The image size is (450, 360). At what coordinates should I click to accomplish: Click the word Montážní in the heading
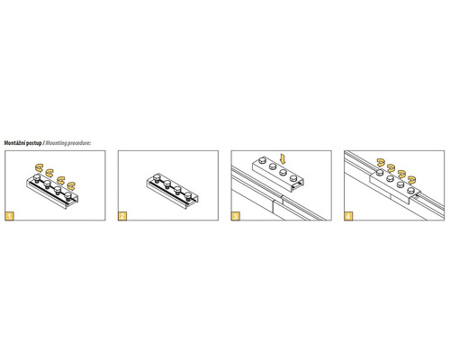pyautogui.click(x=14, y=143)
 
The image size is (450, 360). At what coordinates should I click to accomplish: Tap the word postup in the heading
pyautogui.click(x=34, y=143)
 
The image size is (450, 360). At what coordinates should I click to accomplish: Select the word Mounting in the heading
pyautogui.click(x=56, y=143)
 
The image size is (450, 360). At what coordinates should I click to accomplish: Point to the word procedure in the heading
pyautogui.click(x=78, y=143)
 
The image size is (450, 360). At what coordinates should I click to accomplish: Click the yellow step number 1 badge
pyautogui.click(x=10, y=216)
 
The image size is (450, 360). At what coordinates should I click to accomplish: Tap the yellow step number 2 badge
pyautogui.click(x=122, y=216)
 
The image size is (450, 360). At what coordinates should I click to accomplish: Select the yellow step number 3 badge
pyautogui.click(x=236, y=216)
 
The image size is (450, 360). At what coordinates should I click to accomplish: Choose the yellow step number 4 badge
pyautogui.click(x=348, y=216)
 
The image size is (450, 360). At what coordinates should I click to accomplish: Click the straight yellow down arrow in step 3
pyautogui.click(x=283, y=159)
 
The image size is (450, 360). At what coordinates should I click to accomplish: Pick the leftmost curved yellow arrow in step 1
pyautogui.click(x=39, y=166)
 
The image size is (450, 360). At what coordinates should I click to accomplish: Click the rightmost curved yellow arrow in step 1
pyautogui.click(x=71, y=186)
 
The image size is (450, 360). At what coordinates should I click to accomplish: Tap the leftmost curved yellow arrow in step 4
pyautogui.click(x=381, y=162)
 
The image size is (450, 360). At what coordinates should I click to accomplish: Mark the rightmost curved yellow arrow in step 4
pyautogui.click(x=412, y=179)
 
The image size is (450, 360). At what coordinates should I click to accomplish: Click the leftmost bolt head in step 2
pyautogui.click(x=157, y=176)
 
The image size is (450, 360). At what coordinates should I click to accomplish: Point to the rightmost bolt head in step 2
pyautogui.click(x=188, y=194)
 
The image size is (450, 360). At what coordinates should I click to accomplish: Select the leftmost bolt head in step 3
pyautogui.click(x=262, y=160)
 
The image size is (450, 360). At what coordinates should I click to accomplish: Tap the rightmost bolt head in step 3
pyautogui.click(x=293, y=178)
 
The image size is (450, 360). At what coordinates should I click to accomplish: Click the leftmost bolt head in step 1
pyautogui.click(x=37, y=177)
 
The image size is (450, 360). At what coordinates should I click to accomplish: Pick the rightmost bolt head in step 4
pyautogui.click(x=410, y=190)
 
